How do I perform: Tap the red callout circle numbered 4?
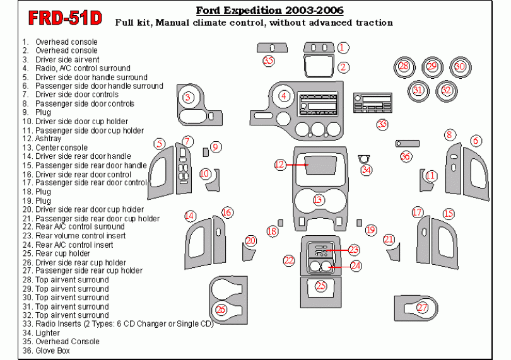tap(285, 96)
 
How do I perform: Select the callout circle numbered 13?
tap(318, 199)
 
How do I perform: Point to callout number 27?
tap(422, 307)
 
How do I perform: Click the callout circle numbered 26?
tap(221, 309)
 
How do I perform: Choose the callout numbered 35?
tap(269, 61)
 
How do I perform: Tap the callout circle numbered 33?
tap(382, 124)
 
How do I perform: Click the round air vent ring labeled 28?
tap(404, 66)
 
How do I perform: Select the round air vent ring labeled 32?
tap(447, 90)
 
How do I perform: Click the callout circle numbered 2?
tap(343, 67)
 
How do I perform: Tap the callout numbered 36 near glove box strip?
tap(405, 156)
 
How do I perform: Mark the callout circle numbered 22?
tap(289, 260)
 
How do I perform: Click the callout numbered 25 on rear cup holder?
tap(321, 286)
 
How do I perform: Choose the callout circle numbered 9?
tap(216, 147)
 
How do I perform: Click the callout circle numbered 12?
tap(279, 165)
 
